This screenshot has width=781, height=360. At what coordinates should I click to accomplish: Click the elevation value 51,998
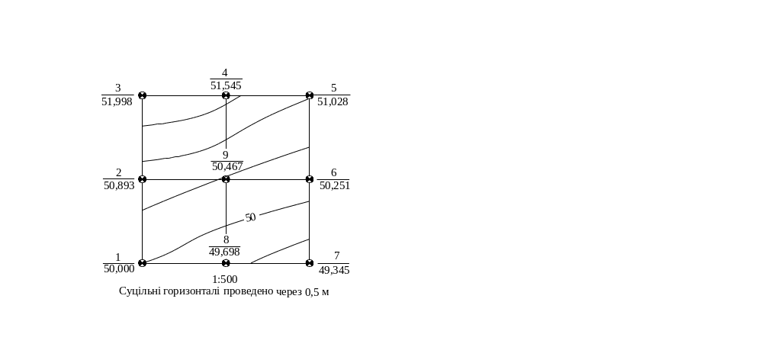click(x=117, y=101)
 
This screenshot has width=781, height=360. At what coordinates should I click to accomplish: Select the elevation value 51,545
click(x=226, y=85)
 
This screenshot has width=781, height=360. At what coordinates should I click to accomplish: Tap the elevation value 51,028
click(x=333, y=101)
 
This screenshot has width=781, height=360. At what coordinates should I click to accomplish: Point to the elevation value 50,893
click(x=119, y=186)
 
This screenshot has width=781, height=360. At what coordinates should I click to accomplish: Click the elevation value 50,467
click(x=227, y=166)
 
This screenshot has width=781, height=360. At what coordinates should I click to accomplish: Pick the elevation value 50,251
click(x=335, y=186)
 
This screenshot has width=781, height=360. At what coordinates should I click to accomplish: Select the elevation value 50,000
click(x=119, y=269)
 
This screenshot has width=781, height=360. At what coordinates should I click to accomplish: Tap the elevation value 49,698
click(x=225, y=252)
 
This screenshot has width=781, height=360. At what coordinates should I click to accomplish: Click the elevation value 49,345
click(x=334, y=270)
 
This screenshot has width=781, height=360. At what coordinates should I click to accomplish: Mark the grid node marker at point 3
click(x=143, y=95)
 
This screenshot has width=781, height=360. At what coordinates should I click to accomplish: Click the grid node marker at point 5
click(x=310, y=95)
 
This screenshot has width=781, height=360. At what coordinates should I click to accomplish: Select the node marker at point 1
click(x=143, y=263)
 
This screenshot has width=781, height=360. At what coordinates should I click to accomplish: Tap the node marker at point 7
click(x=310, y=263)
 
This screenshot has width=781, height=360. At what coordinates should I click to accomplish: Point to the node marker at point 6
click(x=310, y=179)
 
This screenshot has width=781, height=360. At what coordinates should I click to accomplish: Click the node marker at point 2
click(x=143, y=179)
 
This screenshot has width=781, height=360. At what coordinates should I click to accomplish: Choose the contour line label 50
click(x=250, y=217)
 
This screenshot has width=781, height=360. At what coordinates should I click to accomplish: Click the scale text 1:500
click(x=225, y=279)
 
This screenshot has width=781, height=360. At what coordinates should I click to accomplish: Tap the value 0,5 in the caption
click(x=312, y=292)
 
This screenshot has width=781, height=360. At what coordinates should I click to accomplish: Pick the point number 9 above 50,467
click(x=226, y=156)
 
